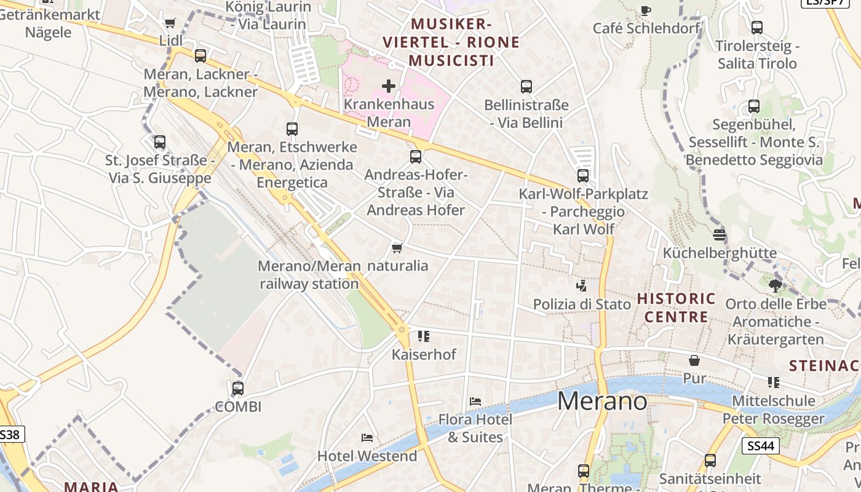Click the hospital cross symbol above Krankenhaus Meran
389,86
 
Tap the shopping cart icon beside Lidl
170,23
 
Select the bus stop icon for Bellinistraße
526,87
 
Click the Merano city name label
602,401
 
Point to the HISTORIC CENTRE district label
676,308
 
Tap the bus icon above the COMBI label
238,389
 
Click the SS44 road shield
761,445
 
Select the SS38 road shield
10,435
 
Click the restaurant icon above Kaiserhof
424,336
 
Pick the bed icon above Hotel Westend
367,438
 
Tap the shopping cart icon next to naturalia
397,248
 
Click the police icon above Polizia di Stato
581,285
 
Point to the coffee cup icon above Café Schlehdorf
646,10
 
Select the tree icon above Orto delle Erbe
775,285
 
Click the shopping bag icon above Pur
694,360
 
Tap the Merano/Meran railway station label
309,275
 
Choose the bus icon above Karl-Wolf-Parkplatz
583,176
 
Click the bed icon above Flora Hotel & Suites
475,402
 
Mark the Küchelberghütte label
720,253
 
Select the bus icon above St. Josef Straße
160,142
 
